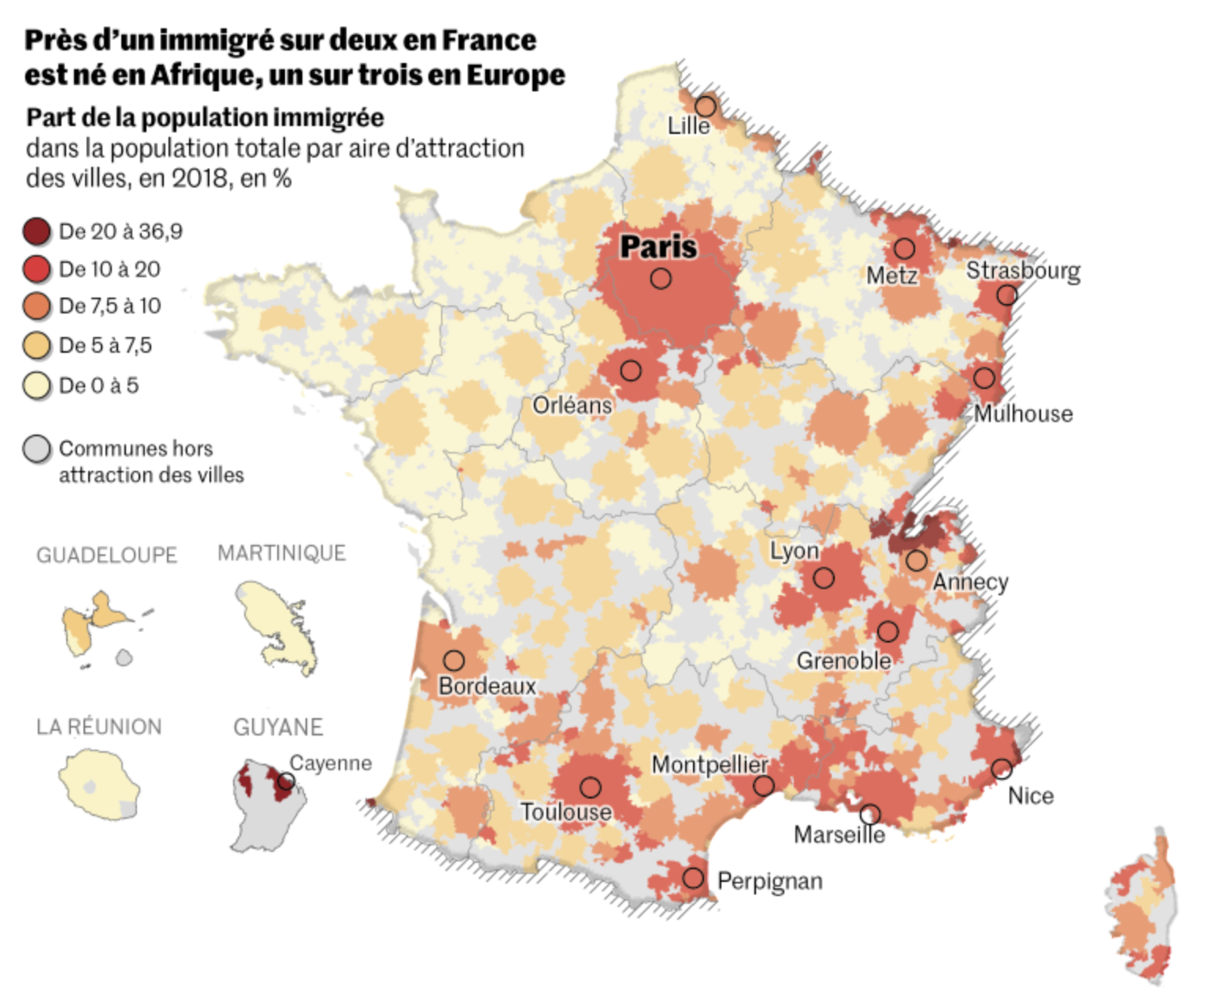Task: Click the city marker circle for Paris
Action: [x=661, y=278]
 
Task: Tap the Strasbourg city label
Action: [x=1023, y=270]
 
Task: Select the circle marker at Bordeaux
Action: [x=454, y=660]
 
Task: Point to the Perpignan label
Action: [x=769, y=880]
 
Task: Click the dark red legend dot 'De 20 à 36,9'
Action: [x=36, y=231]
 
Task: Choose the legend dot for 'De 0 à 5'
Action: [x=36, y=386]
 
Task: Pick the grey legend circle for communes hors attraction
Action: [x=36, y=449]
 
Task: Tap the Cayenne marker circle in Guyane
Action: [x=287, y=781]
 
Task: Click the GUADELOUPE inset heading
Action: [x=106, y=555]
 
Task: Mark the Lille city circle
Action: [x=706, y=106]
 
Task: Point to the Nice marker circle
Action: [x=1001, y=769]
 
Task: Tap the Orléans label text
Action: [x=573, y=406]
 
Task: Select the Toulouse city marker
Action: [x=590, y=787]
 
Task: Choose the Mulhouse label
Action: [x=1023, y=413]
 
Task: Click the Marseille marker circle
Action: [x=870, y=814]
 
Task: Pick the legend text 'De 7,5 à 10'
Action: [x=109, y=306]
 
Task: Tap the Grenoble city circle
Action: [x=887, y=631]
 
